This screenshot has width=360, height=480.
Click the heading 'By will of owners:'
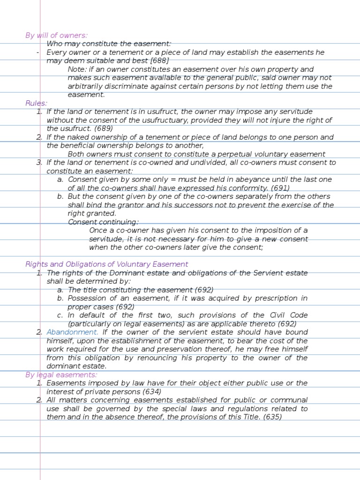tap(56, 36)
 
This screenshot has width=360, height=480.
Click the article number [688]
tap(159, 61)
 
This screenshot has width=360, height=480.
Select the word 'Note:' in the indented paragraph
tap(77, 69)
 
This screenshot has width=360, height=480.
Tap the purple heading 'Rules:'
tap(37, 103)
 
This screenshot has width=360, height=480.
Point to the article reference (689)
tap(104, 128)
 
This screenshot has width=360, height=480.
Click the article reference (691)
tap(280, 188)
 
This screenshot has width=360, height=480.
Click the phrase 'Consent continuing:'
tap(103, 222)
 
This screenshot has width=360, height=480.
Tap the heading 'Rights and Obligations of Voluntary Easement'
tap(107, 264)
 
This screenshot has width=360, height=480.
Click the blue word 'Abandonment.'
tap(73, 332)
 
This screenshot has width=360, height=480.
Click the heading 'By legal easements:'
tap(61, 375)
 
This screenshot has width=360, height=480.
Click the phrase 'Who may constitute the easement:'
tap(109, 44)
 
